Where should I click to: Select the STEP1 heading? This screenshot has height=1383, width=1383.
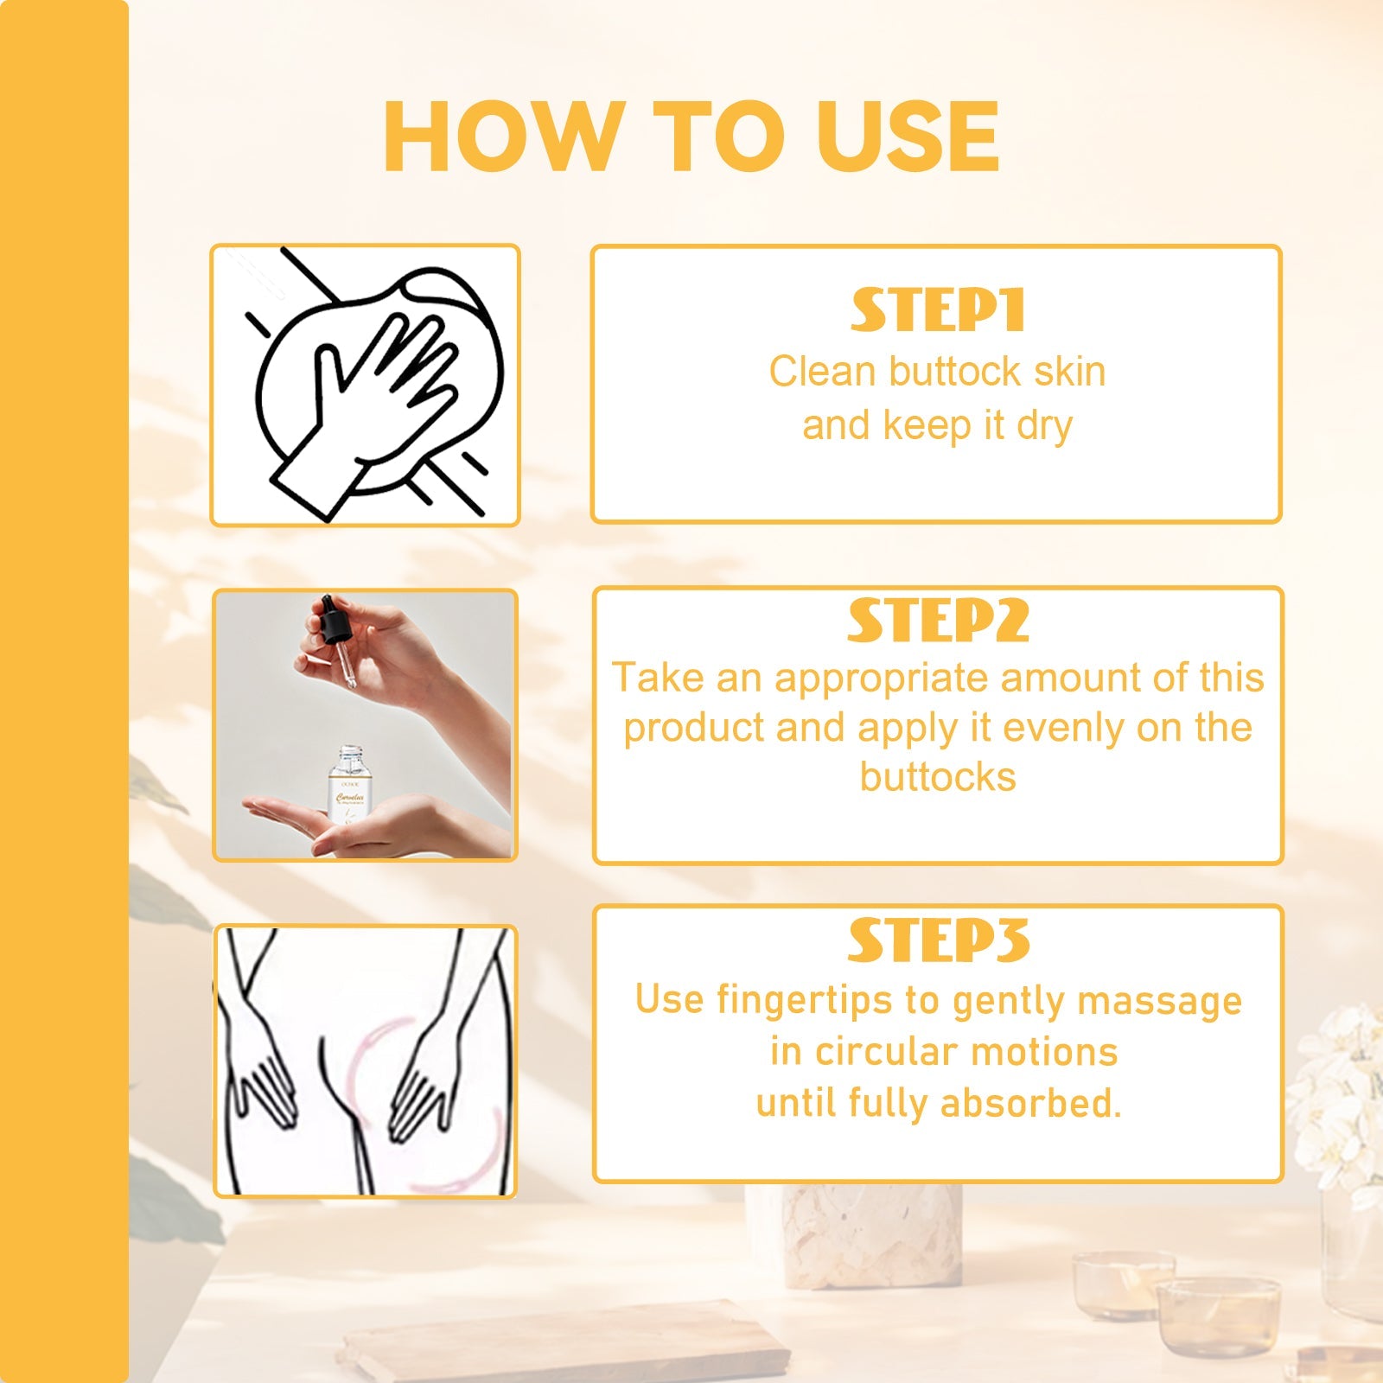point(938,310)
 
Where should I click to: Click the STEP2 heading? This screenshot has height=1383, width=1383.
point(938,621)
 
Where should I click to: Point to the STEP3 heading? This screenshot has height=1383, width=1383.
point(938,940)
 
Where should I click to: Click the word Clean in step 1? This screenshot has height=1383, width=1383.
point(822,372)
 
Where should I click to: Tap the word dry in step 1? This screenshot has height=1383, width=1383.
point(1044,426)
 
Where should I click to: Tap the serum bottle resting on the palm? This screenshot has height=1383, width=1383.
point(349,787)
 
